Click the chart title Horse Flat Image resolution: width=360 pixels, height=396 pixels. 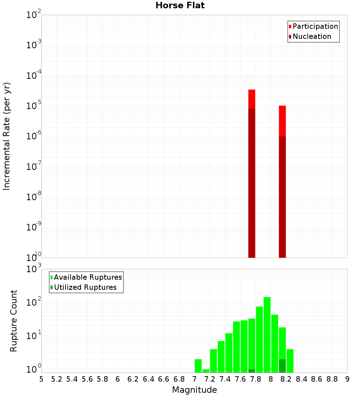tap(180, 5)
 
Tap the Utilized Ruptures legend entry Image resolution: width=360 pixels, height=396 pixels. tap(85, 287)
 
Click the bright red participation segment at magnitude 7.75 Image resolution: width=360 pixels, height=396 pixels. tap(252, 99)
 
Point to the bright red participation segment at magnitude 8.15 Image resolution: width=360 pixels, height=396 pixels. tap(282, 121)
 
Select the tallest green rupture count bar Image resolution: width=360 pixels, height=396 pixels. tap(267, 335)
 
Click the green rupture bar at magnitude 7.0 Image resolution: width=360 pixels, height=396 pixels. tap(198, 366)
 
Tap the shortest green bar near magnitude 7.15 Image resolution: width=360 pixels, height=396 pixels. tap(206, 371)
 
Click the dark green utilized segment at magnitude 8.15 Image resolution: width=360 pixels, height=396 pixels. tap(282, 366)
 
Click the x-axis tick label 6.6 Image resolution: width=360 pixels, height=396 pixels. tap(164, 379)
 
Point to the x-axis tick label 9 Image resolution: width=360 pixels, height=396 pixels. tap(347, 379)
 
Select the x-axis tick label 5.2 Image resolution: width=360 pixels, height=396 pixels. tap(57, 379)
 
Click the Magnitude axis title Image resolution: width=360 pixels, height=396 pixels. tap(194, 390)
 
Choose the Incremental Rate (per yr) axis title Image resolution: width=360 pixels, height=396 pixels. tap(7, 136)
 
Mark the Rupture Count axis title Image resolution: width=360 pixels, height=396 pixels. tap(14, 321)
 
